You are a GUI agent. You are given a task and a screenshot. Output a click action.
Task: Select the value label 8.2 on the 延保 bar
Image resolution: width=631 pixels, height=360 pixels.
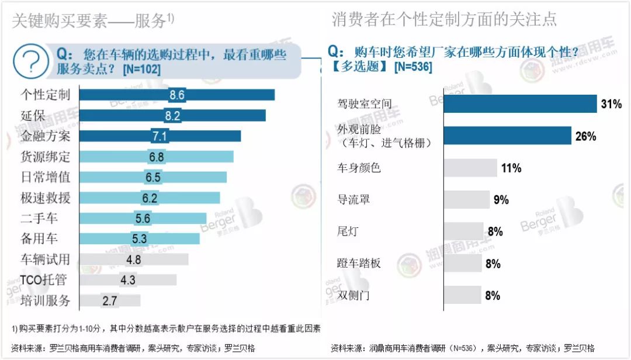[x=172, y=116]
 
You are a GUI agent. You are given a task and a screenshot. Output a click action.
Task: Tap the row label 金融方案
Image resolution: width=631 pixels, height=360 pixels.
[x=45, y=136]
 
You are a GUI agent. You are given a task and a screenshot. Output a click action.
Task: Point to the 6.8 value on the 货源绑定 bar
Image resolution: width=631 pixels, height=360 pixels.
[x=157, y=157]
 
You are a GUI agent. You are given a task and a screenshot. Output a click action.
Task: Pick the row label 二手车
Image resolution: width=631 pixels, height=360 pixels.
[x=39, y=218]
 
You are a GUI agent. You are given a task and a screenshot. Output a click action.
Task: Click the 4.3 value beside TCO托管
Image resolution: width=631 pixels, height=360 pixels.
[x=127, y=280]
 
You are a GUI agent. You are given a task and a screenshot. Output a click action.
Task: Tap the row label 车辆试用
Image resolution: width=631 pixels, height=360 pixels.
[x=45, y=259]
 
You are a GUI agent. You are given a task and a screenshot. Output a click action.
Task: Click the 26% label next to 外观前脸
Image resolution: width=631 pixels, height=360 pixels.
[x=585, y=136]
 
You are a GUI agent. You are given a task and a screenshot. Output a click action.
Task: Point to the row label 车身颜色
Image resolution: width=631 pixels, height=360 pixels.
[x=359, y=168]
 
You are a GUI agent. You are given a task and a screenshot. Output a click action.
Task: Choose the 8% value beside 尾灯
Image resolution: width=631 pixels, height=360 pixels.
[x=495, y=231]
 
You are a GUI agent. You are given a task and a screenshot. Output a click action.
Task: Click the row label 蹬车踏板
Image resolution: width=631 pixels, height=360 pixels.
[x=359, y=264]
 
